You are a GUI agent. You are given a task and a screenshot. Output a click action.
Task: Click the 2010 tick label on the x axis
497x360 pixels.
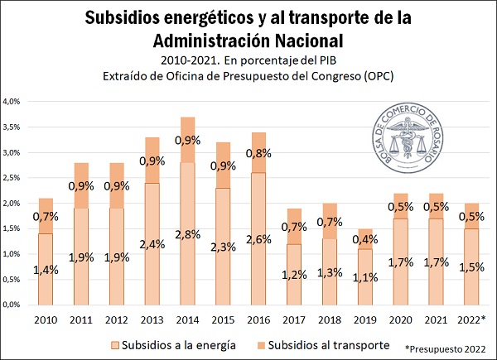pos(46,320)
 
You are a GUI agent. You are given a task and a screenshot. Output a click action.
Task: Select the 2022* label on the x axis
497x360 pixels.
pos(472,320)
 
